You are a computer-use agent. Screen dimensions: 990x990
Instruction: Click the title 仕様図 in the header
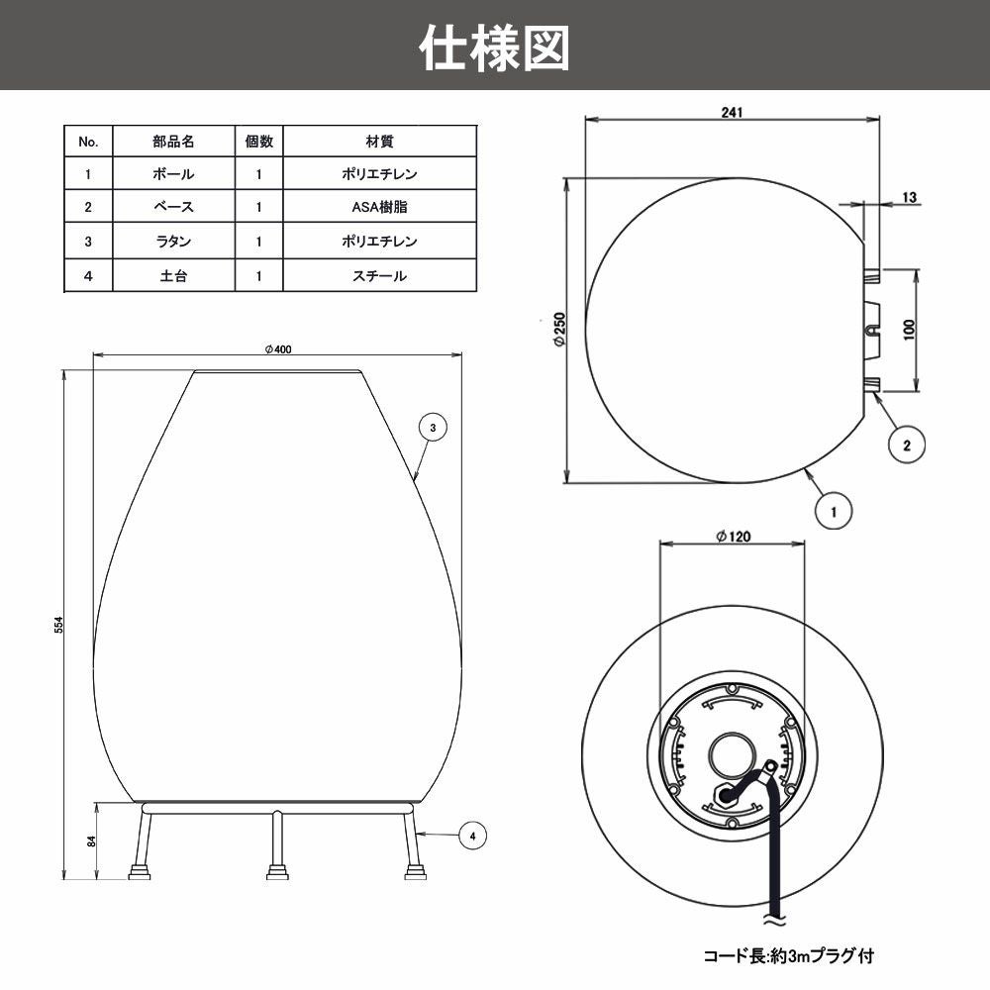[495, 47]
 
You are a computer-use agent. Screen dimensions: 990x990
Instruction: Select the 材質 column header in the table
[379, 142]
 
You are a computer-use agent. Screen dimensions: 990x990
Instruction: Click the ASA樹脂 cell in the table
[379, 208]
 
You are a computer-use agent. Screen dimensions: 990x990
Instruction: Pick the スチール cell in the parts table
[379, 276]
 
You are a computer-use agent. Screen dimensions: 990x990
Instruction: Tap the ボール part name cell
[173, 174]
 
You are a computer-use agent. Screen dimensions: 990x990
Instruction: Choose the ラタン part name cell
[173, 242]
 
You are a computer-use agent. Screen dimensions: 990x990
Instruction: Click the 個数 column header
[258, 142]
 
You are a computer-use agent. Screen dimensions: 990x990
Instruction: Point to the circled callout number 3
[433, 427]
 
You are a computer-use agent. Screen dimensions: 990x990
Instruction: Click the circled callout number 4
[473, 837]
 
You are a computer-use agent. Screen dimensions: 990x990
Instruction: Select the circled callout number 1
[834, 512]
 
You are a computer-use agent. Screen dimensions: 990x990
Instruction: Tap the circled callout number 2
[906, 445]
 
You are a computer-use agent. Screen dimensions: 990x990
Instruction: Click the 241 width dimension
[733, 112]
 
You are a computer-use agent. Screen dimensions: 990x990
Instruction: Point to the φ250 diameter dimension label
[559, 330]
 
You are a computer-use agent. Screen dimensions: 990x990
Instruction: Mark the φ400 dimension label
[278, 348]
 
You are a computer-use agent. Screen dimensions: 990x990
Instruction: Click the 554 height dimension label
[59, 625]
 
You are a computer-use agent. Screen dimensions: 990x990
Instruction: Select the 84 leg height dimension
[91, 841]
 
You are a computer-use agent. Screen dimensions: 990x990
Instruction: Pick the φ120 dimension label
[733, 536]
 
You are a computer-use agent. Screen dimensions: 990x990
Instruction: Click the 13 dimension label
[909, 197]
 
